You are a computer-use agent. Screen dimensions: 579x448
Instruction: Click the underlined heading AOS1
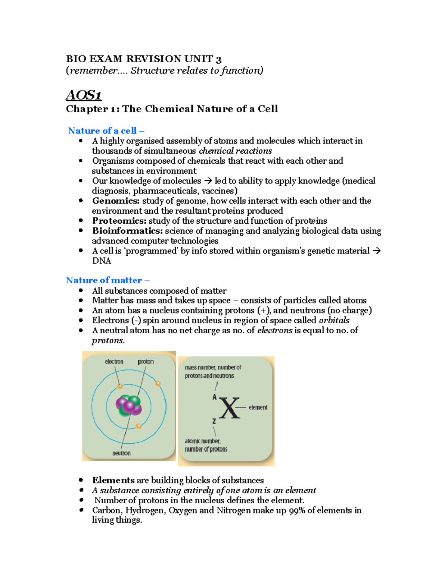(x=84, y=95)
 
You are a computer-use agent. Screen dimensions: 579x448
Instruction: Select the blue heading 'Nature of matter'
(x=104, y=280)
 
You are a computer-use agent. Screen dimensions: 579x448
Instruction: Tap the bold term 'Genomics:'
(x=116, y=201)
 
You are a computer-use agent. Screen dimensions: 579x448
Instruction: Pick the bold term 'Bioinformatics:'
(x=127, y=231)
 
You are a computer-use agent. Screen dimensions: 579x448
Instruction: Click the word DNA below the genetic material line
(x=102, y=261)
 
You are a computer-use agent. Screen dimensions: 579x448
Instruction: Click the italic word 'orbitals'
(x=334, y=321)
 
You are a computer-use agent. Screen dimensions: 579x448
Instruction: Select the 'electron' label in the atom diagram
(x=114, y=362)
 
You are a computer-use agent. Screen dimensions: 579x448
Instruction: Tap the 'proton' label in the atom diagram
(x=146, y=362)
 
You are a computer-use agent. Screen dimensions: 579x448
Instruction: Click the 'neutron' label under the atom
(x=121, y=453)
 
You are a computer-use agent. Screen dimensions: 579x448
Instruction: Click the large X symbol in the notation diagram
(x=229, y=408)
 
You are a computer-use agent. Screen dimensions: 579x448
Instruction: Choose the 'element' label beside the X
(x=258, y=407)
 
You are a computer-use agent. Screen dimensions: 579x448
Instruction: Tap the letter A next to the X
(x=214, y=397)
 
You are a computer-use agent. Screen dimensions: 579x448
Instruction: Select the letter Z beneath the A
(x=214, y=421)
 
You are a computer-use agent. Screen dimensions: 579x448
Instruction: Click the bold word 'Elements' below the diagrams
(x=113, y=480)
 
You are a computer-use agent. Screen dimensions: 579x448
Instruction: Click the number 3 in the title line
(x=218, y=59)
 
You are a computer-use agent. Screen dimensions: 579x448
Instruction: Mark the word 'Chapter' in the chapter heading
(x=87, y=109)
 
